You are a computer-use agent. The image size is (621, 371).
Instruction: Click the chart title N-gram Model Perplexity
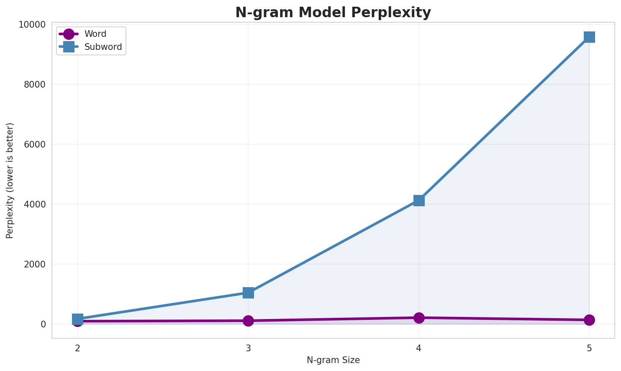pyautogui.click(x=333, y=13)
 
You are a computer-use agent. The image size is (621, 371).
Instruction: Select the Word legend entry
pyautogui.click(x=95, y=34)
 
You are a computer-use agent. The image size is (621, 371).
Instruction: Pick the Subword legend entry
pyautogui.click(x=103, y=47)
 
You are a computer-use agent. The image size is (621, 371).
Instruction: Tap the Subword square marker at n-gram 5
pyautogui.click(x=589, y=37)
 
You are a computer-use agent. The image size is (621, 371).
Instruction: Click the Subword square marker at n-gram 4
pyautogui.click(x=419, y=200)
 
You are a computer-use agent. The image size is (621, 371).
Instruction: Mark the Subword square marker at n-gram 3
pyautogui.click(x=248, y=293)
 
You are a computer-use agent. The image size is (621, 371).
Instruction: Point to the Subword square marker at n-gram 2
pyautogui.click(x=77, y=319)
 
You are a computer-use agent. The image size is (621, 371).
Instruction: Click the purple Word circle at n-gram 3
pyautogui.click(x=248, y=321)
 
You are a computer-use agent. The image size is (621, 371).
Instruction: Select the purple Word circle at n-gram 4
pyautogui.click(x=419, y=318)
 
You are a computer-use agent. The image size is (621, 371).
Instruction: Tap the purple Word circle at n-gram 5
pyautogui.click(x=589, y=320)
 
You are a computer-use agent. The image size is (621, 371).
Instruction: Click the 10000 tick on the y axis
pyautogui.click(x=32, y=25)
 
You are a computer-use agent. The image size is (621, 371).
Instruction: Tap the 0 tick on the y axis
pyautogui.click(x=43, y=324)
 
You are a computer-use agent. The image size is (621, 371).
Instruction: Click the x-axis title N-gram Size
pyautogui.click(x=333, y=360)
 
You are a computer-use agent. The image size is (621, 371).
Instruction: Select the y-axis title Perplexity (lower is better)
pyautogui.click(x=10, y=181)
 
